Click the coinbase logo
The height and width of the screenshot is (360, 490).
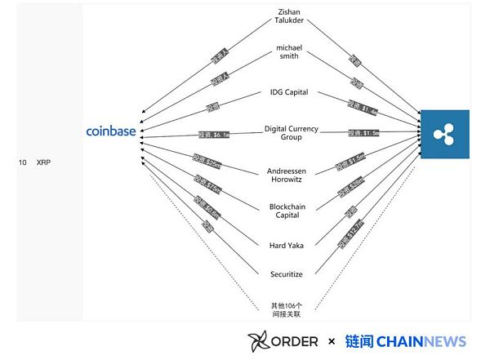pos(111,131)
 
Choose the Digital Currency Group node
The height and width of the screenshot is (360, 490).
pos(291,133)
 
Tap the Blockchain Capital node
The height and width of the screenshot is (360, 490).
pos(287,211)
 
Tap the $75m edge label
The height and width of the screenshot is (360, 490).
pos(206,181)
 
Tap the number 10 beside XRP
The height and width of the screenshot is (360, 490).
pos(23,163)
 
